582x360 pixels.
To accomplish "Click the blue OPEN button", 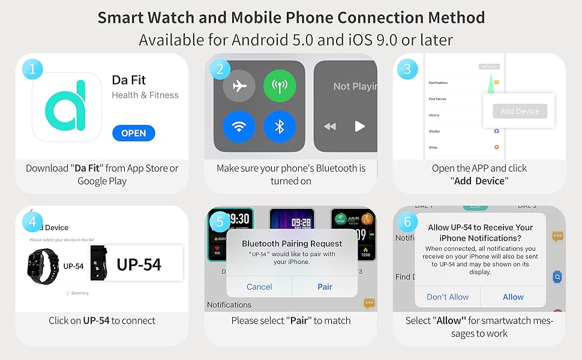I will click(133, 133).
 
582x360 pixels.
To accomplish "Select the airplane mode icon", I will click(239, 86).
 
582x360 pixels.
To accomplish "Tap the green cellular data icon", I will click(280, 86).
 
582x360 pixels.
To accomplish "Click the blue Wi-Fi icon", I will click(239, 126).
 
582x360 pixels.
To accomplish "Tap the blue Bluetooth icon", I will click(280, 126).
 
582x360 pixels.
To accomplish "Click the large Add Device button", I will click(520, 111).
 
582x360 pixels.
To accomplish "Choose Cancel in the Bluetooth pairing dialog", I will click(259, 287).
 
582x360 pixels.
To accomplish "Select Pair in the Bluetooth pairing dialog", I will click(325, 287).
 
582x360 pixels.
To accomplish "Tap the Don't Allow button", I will click(448, 296).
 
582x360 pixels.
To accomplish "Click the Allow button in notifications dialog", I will click(513, 296).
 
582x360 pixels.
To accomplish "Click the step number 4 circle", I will click(32, 222).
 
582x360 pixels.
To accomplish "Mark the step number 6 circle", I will click(407, 222).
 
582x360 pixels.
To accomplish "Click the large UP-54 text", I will click(139, 264).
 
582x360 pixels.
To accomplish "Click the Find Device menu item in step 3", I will click(437, 99).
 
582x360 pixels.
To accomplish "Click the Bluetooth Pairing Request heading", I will click(292, 244).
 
